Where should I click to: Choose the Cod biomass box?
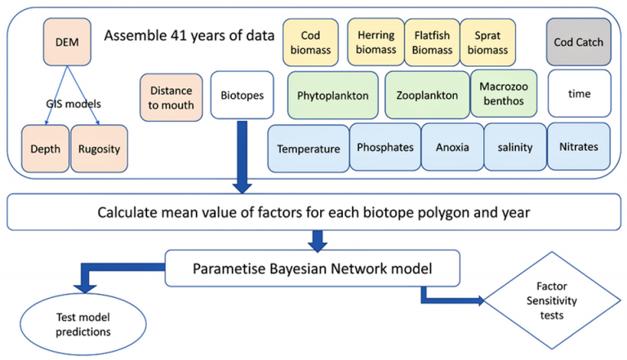coord(310,42)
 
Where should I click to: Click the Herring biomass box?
coord(375,42)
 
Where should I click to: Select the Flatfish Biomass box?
coord(432,42)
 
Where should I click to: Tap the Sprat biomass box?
coord(489,42)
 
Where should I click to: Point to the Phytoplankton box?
coord(332,95)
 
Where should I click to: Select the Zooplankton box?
coord(427,95)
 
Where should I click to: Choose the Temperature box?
coord(308,149)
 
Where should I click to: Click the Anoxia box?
coord(452,148)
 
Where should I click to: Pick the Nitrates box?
coord(578,147)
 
